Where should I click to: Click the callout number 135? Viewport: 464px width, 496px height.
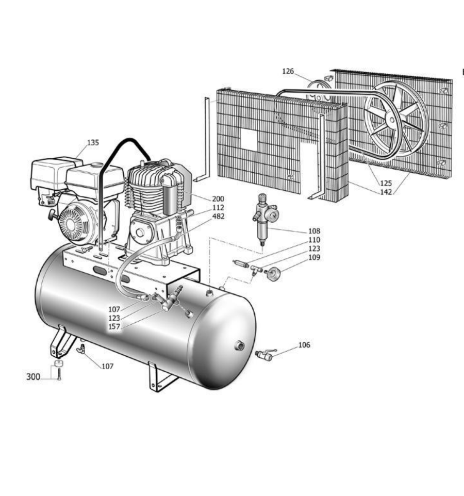93,143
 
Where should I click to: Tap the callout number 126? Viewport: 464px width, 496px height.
288,72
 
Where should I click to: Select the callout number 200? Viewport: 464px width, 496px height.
218,199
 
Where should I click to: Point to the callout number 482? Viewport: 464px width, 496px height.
218,217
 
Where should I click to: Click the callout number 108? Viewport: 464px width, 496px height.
314,231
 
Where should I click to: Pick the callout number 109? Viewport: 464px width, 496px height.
314,257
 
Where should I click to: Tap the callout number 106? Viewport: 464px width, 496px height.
304,345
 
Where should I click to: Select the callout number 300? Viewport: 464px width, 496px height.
33,377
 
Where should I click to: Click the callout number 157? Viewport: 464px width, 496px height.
114,327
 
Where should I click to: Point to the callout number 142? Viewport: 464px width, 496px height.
386,192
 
